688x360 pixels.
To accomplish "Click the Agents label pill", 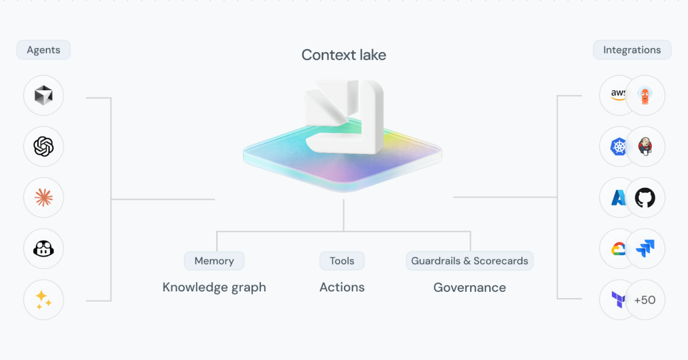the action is click(44, 50).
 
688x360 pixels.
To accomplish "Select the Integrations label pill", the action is click(632, 50).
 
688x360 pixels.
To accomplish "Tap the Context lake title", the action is click(343, 55).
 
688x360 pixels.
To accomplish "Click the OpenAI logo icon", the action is click(44, 147).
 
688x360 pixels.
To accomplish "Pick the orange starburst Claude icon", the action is click(44, 198).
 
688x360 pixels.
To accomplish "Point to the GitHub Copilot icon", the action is click(44, 249).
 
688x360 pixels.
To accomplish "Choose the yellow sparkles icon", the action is click(44, 299).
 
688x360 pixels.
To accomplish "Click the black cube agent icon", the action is click(44, 96).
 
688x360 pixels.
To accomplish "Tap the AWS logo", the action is click(617, 95).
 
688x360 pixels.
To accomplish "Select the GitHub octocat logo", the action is click(645, 198).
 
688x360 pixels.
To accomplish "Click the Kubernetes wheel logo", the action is click(618, 147).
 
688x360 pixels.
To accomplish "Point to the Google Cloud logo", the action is click(617, 249).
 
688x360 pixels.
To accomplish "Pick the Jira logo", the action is click(645, 249).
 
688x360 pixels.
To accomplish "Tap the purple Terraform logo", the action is click(618, 300).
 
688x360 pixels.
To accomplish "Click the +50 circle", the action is click(645, 300).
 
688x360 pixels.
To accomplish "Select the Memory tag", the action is click(214, 261).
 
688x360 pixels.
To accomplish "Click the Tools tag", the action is click(342, 261).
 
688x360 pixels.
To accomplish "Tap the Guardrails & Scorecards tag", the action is click(470, 261).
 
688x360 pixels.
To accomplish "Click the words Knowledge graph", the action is click(214, 287).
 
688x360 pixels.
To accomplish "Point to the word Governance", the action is click(470, 288).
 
